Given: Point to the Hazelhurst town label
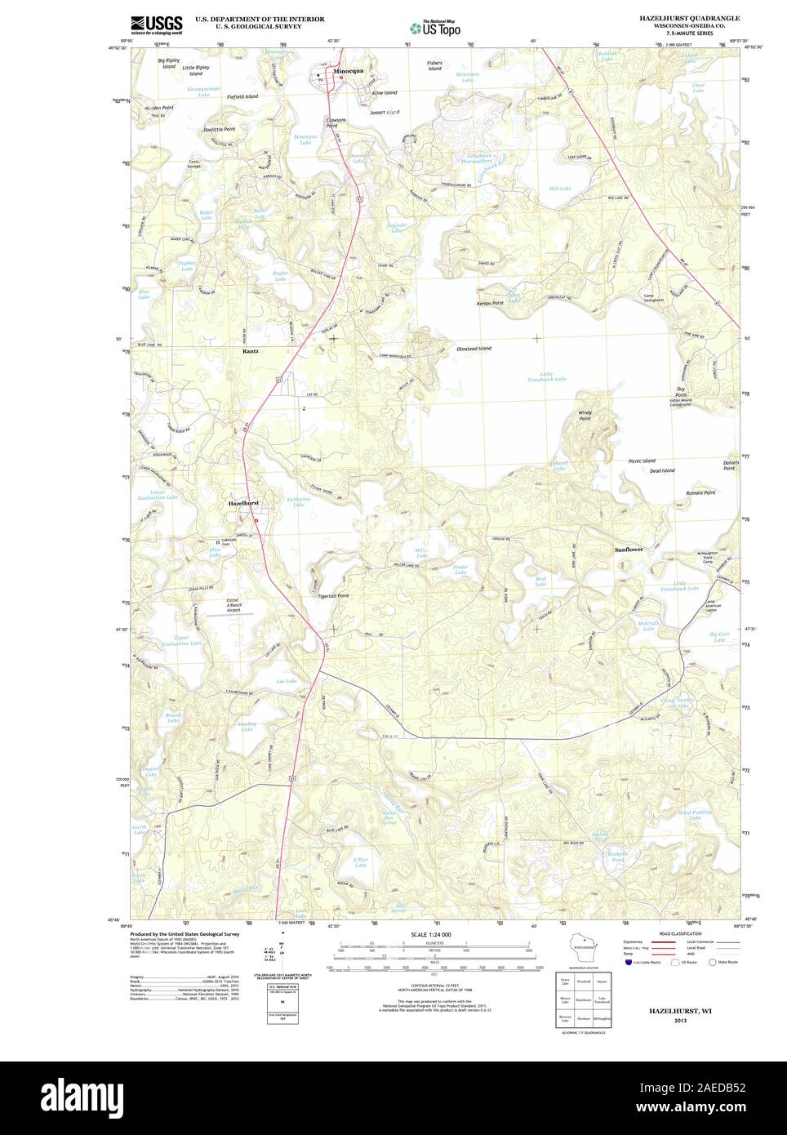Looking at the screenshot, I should [243, 504].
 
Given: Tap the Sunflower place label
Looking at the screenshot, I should [629, 550].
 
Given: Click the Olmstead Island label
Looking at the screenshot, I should [474, 349].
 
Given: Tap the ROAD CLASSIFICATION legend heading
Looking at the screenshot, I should [682, 932].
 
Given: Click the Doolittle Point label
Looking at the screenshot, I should [219, 129].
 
